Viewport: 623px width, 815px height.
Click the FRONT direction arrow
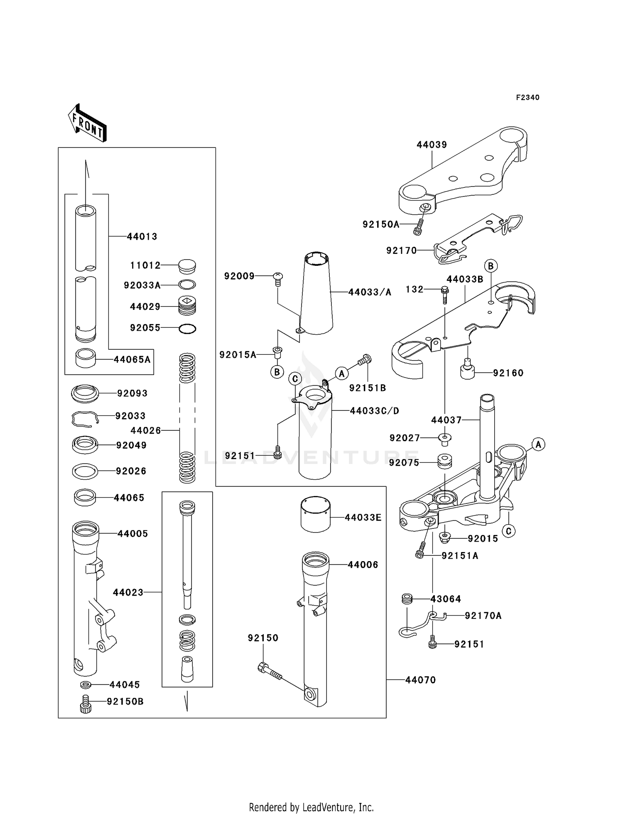[x=87, y=123]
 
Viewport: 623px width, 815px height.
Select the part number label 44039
[x=432, y=145]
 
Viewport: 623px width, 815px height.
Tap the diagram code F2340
[x=527, y=98]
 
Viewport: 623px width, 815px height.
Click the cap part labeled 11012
[x=187, y=266]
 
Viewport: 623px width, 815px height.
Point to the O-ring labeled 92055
[x=187, y=329]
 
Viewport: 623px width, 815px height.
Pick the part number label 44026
[x=145, y=431]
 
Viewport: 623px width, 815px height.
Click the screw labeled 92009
[x=278, y=278]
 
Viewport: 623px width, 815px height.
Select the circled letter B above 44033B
[x=491, y=266]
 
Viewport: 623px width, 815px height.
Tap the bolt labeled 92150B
[x=85, y=704]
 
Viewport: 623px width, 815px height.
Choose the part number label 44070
[x=420, y=680]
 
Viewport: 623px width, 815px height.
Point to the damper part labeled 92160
[x=468, y=370]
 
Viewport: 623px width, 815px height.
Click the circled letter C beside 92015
[x=508, y=531]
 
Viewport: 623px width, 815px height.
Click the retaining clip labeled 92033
[x=85, y=419]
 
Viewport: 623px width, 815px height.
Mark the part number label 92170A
[x=483, y=616]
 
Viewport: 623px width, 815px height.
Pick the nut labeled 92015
[x=445, y=538]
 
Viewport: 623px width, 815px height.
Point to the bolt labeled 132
[x=444, y=294]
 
